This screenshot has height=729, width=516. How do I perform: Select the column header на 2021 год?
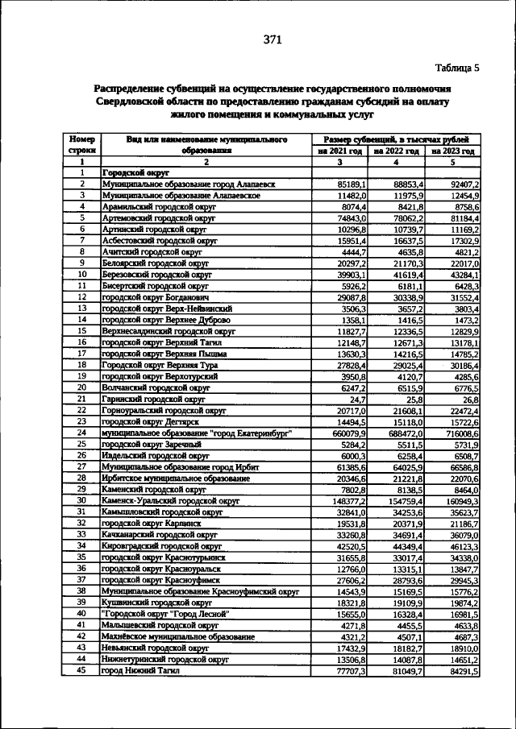click(x=339, y=151)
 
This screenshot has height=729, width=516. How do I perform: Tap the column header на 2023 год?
click(x=452, y=151)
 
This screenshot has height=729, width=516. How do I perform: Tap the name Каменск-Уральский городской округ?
click(x=170, y=500)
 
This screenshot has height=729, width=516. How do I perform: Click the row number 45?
click(x=81, y=670)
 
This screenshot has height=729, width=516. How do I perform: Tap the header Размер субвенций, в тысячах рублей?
click(x=395, y=139)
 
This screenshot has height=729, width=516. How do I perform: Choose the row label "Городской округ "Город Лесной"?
click(x=166, y=614)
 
